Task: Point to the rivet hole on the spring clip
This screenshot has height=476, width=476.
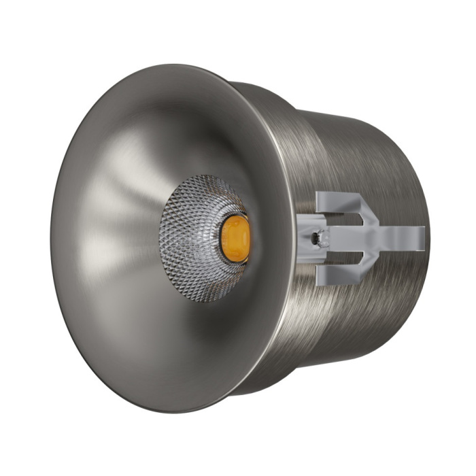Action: click(314, 239)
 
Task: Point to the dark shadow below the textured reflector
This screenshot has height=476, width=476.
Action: click(204, 326)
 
